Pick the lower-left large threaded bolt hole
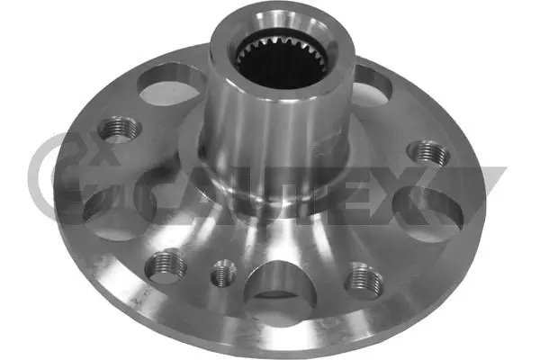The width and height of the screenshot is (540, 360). (166, 265)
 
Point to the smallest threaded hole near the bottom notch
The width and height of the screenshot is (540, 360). (220, 272)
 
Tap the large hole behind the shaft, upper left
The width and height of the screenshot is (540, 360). (173, 87)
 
